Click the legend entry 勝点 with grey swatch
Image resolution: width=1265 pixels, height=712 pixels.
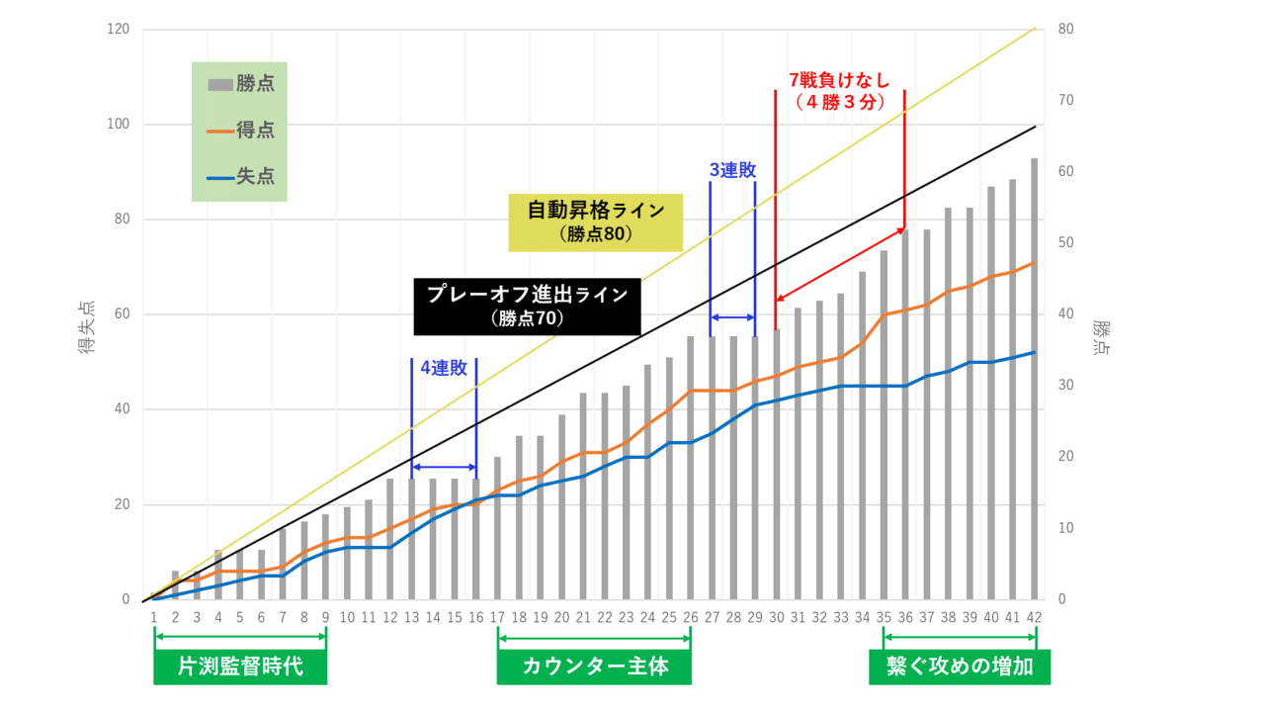coord(241,84)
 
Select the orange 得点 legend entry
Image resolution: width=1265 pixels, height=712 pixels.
coord(241,131)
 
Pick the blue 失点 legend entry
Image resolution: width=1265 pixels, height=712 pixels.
coord(241,177)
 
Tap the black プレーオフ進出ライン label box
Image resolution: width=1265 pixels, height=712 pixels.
coord(527,306)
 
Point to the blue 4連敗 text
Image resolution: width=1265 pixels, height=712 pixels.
coord(443,368)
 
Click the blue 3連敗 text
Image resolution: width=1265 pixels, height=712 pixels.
coord(732,170)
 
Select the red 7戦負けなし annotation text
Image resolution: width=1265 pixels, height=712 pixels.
coord(839,90)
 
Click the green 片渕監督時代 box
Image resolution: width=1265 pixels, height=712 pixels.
coord(240,667)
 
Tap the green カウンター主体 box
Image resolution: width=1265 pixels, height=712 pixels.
coord(594,667)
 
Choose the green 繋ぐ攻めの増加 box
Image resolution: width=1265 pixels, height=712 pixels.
coord(960,667)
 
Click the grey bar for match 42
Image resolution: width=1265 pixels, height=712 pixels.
coord(1035,396)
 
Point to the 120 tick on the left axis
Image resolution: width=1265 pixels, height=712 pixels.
coord(119,30)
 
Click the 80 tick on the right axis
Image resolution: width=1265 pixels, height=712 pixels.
coord(1066,30)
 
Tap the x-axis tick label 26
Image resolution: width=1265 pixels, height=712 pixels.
coord(690,617)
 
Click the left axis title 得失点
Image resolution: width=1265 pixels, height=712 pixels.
coord(87,326)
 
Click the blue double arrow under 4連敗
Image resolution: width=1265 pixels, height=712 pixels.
coord(444,467)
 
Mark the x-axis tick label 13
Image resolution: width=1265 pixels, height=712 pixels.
coord(411,617)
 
